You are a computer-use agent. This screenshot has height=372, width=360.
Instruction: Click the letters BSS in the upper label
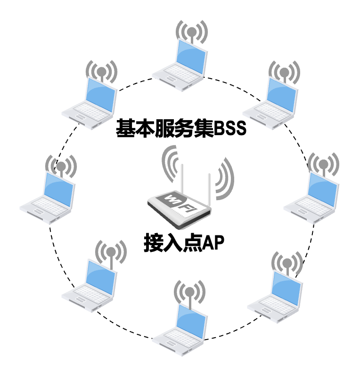coord(230,129)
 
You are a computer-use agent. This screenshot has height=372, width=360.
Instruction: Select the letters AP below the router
coord(211,243)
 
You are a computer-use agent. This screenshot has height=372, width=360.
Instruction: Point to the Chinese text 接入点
coord(171,243)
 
